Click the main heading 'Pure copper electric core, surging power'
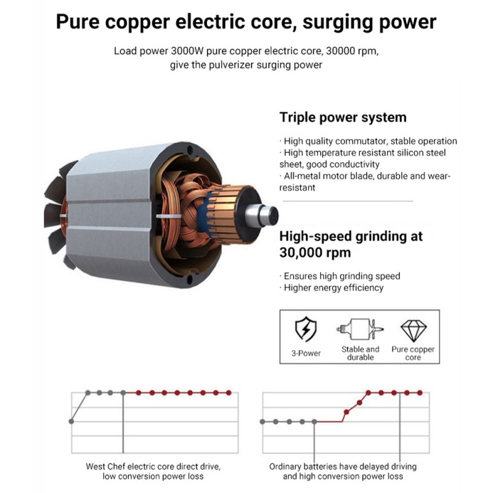[x=246, y=22]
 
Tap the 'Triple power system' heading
[x=343, y=117]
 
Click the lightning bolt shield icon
[x=306, y=329]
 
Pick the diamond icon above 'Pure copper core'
[x=414, y=331]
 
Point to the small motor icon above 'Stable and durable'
[x=360, y=329]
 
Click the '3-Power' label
[x=306, y=353]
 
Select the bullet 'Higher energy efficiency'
[x=332, y=288]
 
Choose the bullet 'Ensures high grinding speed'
[x=340, y=276]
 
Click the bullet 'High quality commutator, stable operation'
[x=368, y=141]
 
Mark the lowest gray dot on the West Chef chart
[x=71, y=422]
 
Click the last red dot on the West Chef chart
[x=229, y=393]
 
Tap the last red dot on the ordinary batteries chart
[x=420, y=393]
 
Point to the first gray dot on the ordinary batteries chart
[x=263, y=422]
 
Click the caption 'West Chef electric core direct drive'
[x=153, y=467]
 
